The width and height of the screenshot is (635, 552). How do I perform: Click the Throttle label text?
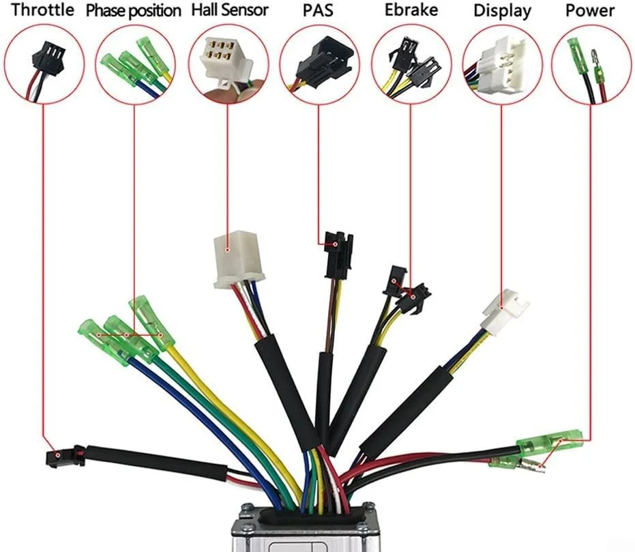(42, 10)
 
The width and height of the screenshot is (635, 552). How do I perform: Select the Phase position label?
(134, 11)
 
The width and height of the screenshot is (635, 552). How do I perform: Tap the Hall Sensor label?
(230, 10)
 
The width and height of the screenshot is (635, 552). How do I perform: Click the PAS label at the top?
(317, 11)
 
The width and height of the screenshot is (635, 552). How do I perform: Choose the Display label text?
(501, 11)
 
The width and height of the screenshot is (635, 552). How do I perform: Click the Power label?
(590, 11)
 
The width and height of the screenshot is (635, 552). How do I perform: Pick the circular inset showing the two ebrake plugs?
(409, 64)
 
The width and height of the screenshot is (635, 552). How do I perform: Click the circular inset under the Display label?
(501, 64)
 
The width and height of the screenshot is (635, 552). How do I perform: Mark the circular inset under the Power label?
(591, 64)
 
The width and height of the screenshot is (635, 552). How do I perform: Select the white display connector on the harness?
(505, 310)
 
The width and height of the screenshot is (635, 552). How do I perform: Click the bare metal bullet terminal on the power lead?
(533, 469)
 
